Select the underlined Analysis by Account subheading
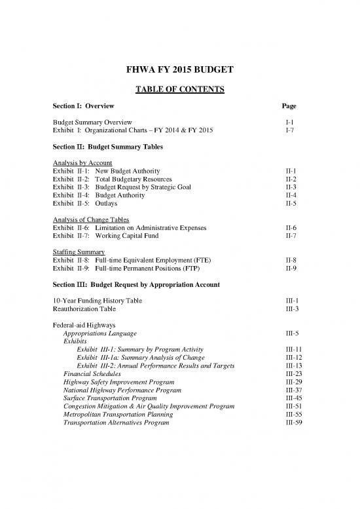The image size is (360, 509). [82, 162]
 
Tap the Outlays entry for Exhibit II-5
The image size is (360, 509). [106, 202]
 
